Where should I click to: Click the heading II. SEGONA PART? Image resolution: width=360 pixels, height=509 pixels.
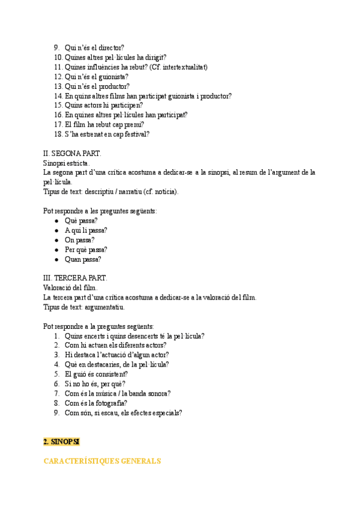[72, 154]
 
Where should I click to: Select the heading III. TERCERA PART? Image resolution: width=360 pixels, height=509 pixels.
[75, 278]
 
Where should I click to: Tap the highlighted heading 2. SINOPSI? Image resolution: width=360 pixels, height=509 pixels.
[61, 442]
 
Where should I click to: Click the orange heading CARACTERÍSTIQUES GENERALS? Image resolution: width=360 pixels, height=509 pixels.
[102, 461]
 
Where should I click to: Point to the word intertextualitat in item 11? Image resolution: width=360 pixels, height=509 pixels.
[183, 67]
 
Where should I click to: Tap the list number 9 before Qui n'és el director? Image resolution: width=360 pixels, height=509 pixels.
[56, 48]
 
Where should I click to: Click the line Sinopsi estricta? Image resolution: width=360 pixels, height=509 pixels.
[67, 163]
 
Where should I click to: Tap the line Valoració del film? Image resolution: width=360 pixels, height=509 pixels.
[70, 288]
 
